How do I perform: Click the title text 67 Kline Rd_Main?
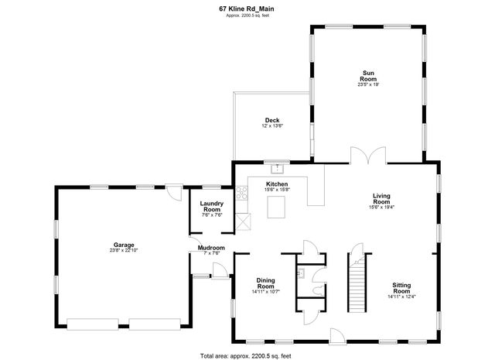click(x=247, y=9)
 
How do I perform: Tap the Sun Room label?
click(x=369, y=76)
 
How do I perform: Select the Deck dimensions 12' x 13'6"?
click(x=272, y=125)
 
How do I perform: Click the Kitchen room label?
click(x=277, y=184)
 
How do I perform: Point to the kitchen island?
click(x=277, y=207)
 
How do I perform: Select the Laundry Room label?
click(x=211, y=207)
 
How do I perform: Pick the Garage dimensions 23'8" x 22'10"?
click(x=124, y=250)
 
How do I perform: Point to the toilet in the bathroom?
click(x=316, y=288)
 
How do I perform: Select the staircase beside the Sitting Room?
click(x=357, y=286)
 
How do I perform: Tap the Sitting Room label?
click(x=401, y=288)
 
